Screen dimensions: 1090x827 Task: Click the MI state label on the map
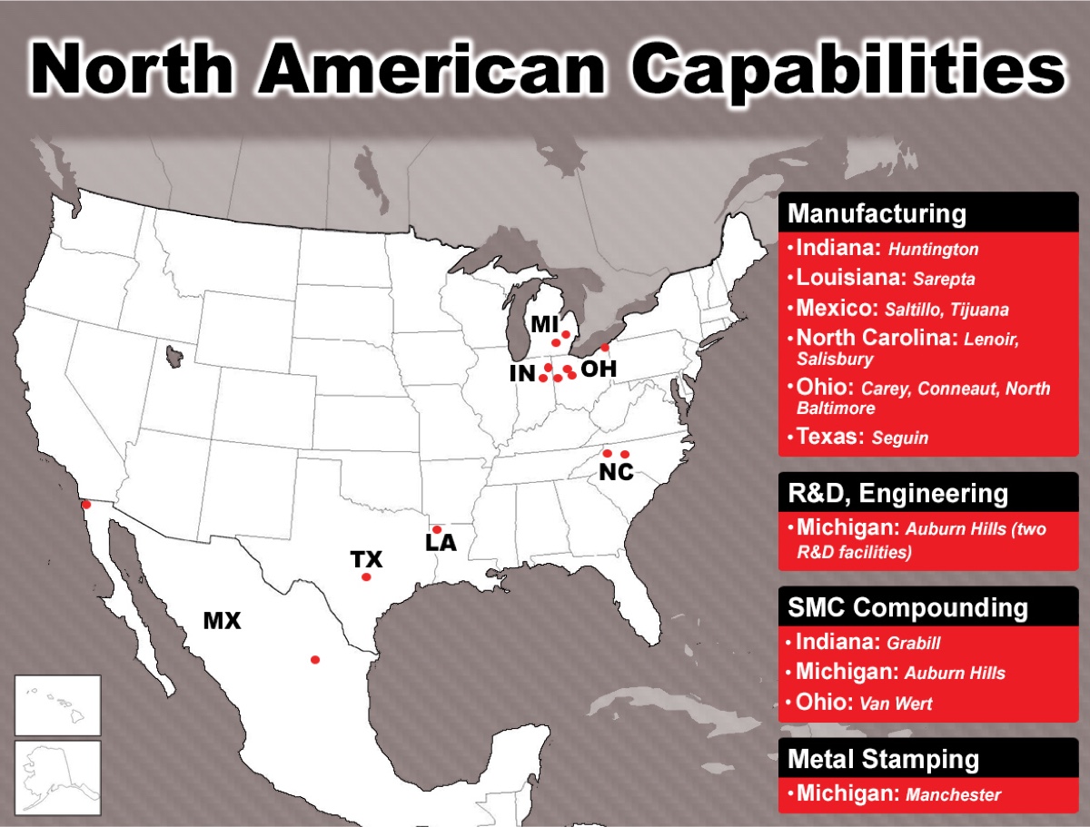(x=545, y=324)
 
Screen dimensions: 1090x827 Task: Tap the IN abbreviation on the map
(x=522, y=374)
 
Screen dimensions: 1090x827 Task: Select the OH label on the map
(x=599, y=369)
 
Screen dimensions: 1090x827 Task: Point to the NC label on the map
(x=616, y=472)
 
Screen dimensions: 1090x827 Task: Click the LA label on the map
(x=441, y=543)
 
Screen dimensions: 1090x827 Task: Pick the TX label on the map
(x=366, y=559)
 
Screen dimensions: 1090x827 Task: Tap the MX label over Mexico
(x=222, y=621)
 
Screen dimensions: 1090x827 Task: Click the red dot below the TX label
(x=366, y=577)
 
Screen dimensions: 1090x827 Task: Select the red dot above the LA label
(x=437, y=529)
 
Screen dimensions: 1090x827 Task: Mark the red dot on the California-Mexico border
(x=86, y=505)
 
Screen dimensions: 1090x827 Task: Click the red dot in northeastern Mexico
(x=315, y=660)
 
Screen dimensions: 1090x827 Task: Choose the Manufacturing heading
(x=877, y=214)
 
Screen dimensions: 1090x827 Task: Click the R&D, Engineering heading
(x=897, y=494)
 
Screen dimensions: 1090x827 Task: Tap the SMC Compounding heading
(x=907, y=607)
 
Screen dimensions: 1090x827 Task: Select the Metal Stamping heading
(x=884, y=759)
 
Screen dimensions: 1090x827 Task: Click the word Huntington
(x=933, y=250)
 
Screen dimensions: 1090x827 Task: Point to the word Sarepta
(x=944, y=280)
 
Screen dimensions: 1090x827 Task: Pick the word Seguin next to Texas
(x=900, y=438)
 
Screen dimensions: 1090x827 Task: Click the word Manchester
(x=953, y=794)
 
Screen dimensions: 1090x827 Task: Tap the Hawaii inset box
(x=57, y=705)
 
